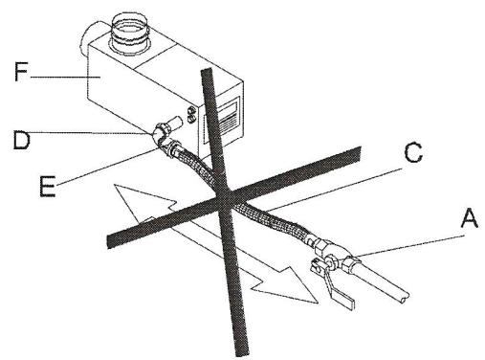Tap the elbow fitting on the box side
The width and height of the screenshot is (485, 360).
[164, 127]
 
